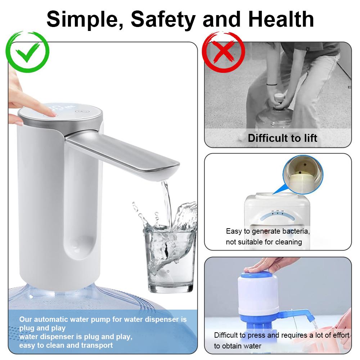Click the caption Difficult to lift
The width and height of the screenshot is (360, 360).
(283, 138)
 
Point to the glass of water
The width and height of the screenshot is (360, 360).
(170, 263)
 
